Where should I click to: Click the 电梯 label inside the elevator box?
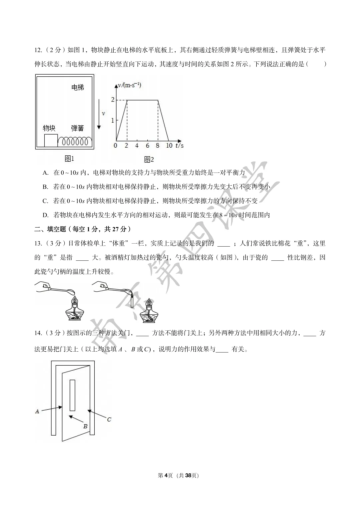[78, 87]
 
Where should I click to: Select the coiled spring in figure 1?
[75, 141]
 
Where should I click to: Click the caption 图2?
[149, 159]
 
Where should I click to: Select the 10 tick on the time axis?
[169, 146]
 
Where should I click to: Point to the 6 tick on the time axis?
[147, 146]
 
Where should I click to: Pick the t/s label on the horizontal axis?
[179, 145]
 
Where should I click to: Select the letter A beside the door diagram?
[37, 411]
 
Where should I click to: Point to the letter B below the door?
[85, 426]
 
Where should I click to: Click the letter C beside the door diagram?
[109, 419]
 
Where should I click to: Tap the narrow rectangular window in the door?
[72, 395]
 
